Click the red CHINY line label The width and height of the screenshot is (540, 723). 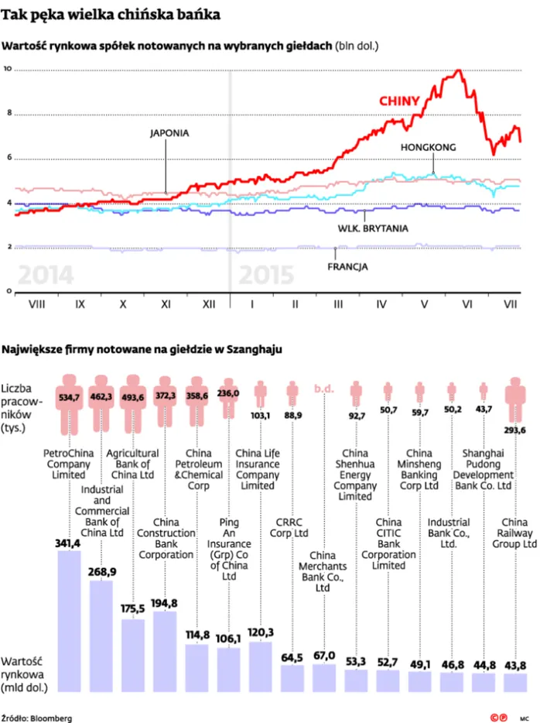(x=399, y=101)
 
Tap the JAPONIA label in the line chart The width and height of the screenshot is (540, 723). (x=169, y=133)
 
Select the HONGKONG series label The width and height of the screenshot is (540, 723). (x=428, y=148)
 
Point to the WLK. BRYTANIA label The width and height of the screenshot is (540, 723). (x=373, y=228)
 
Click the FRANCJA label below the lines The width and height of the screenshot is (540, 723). (x=347, y=266)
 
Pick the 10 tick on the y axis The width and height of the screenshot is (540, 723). (x=8, y=69)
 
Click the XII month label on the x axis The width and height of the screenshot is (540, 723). (x=209, y=304)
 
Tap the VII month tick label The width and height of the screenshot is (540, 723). (x=510, y=304)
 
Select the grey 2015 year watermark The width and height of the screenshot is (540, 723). (x=266, y=275)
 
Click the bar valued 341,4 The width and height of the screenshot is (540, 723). (x=69, y=621)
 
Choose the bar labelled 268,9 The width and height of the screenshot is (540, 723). (x=101, y=636)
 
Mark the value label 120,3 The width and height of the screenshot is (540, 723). (x=260, y=632)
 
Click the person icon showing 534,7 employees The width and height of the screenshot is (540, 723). (x=69, y=404)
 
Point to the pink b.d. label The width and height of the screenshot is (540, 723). (x=324, y=389)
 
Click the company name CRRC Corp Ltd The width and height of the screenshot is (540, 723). (x=289, y=527)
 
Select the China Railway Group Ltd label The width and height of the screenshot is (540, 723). (x=514, y=533)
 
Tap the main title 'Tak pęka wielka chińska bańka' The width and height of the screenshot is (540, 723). (x=111, y=14)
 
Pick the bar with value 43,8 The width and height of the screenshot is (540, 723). (x=515, y=683)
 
